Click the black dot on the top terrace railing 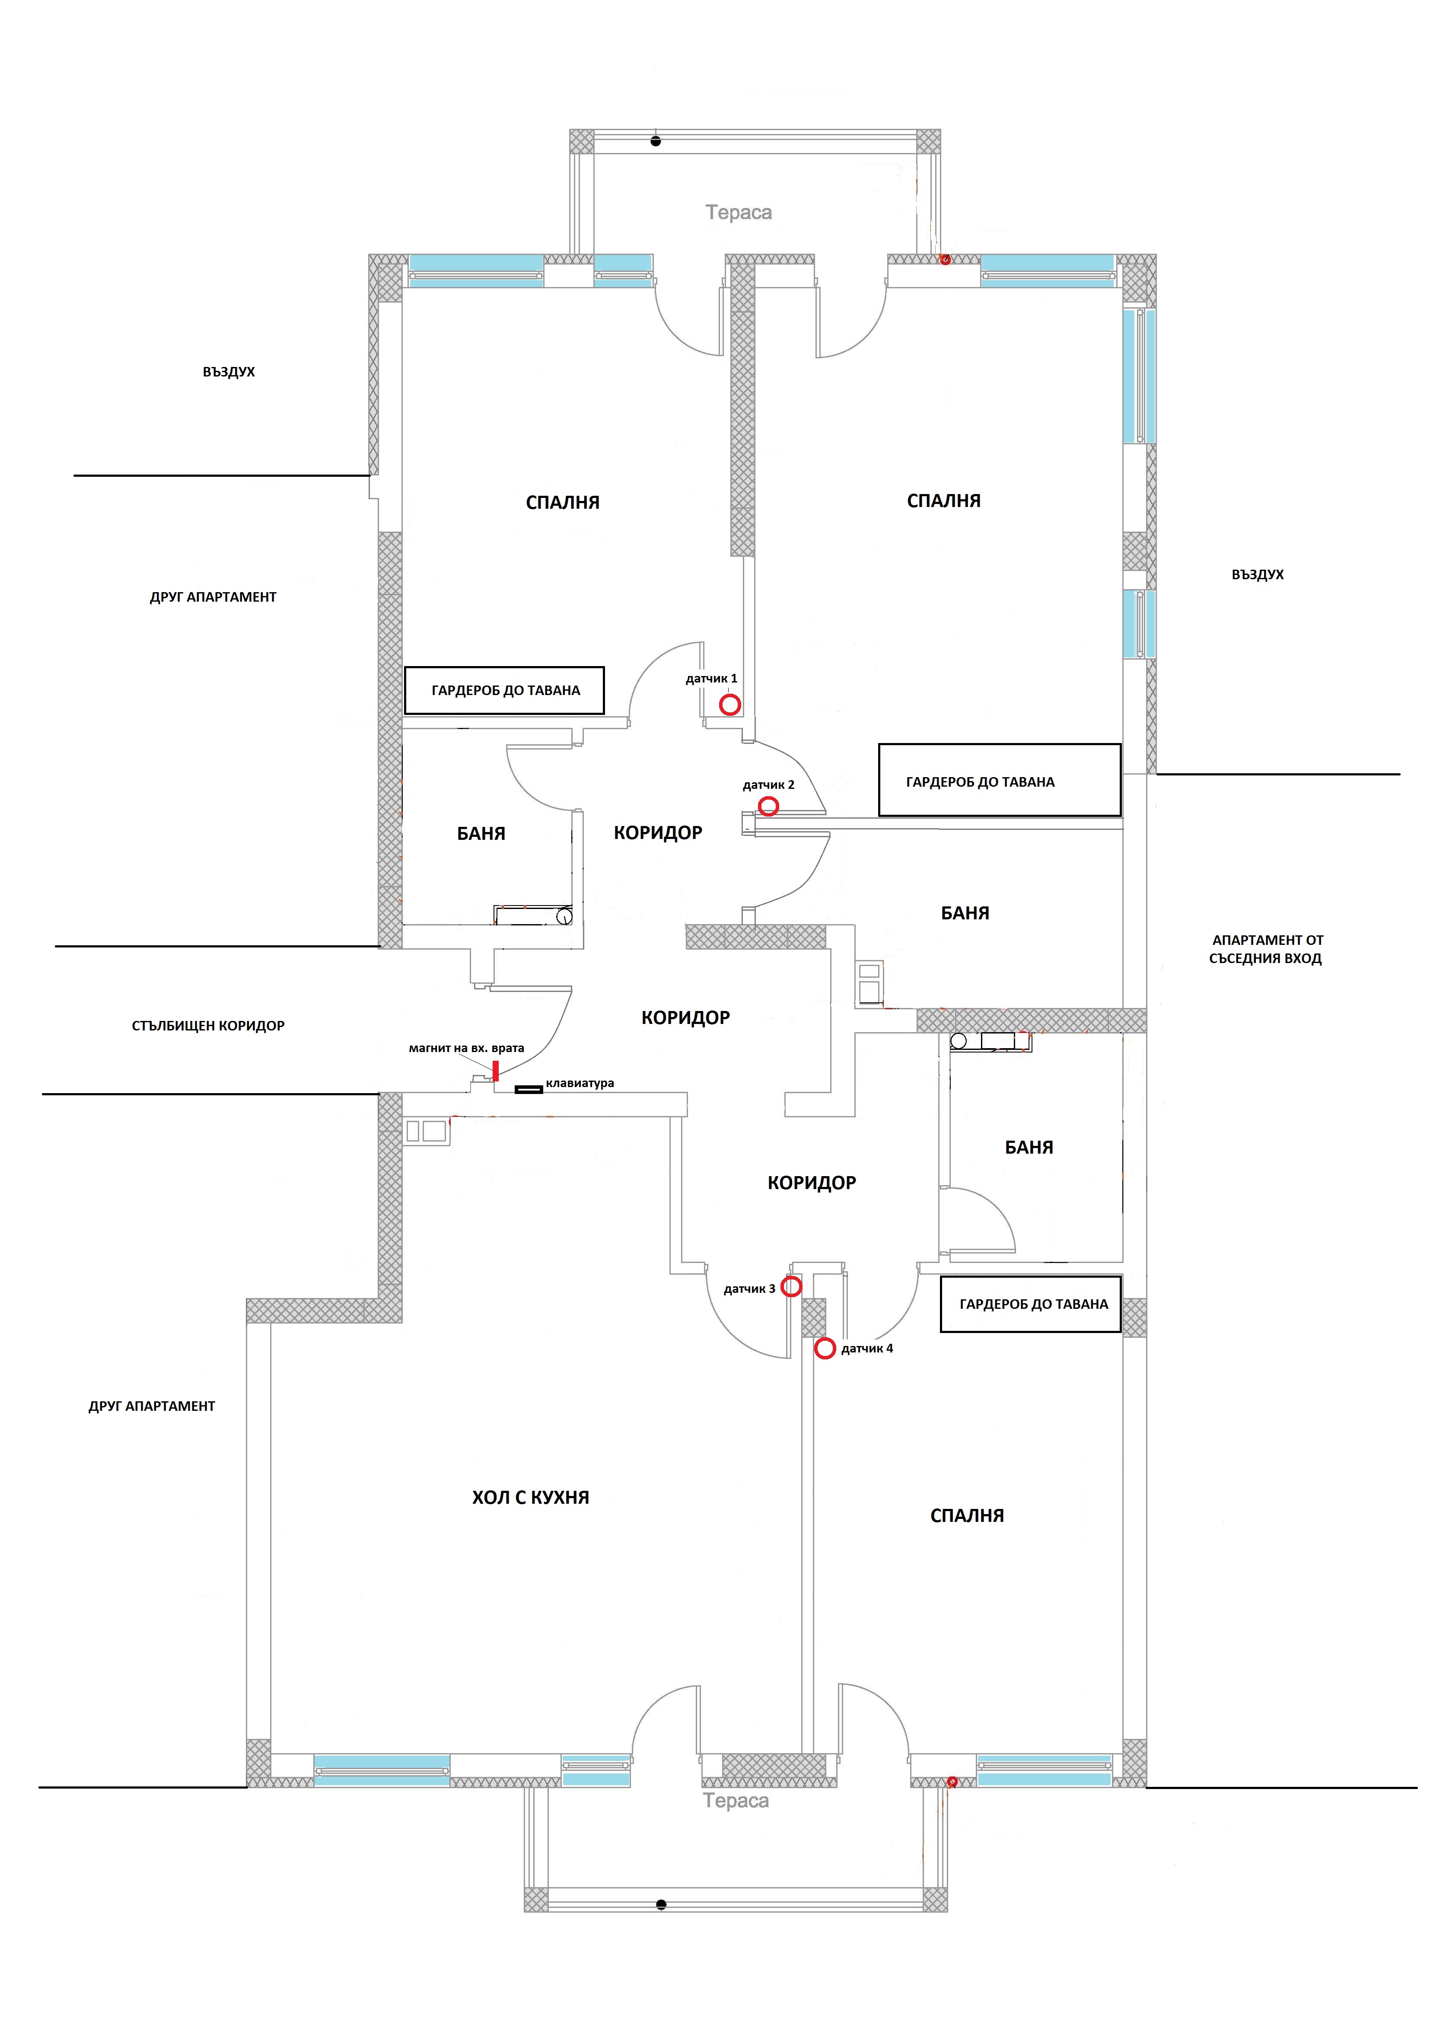point(655,141)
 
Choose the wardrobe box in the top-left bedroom point(505,690)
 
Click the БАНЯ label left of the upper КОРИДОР point(481,833)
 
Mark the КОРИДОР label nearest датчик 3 point(811,1183)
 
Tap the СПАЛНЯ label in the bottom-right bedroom point(967,1515)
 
